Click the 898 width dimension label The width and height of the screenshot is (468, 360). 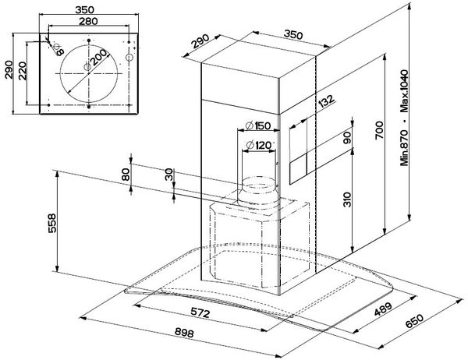click(x=184, y=332)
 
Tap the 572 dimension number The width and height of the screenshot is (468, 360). click(x=200, y=312)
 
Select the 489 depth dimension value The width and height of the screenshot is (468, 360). click(x=383, y=309)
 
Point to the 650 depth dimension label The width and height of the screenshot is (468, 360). click(x=414, y=321)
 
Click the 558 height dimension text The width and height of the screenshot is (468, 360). click(x=52, y=223)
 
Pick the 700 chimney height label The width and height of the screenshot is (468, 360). click(x=379, y=130)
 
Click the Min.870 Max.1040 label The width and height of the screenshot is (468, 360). click(x=404, y=118)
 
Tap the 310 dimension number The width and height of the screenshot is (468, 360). click(x=347, y=199)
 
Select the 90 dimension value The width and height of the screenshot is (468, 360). click(x=347, y=137)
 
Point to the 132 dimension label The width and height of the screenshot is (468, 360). click(x=326, y=101)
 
